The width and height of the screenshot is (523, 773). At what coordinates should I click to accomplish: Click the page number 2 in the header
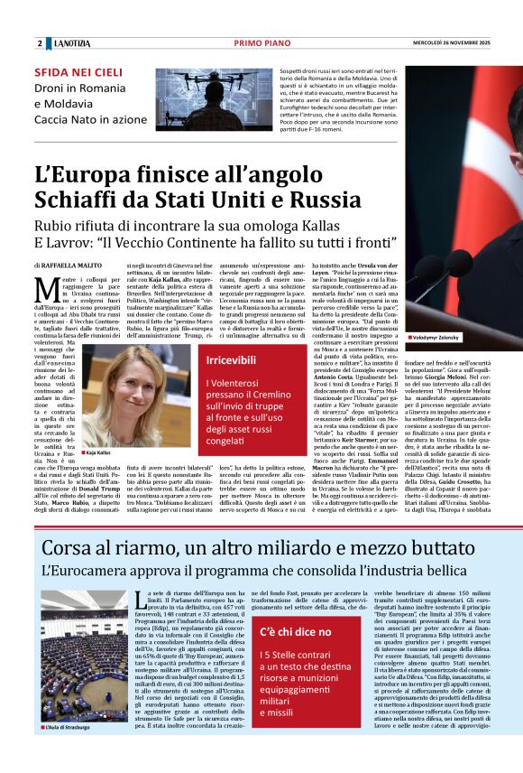coord(40,43)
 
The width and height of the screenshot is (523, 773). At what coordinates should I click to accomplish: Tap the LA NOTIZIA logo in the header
coord(72,43)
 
